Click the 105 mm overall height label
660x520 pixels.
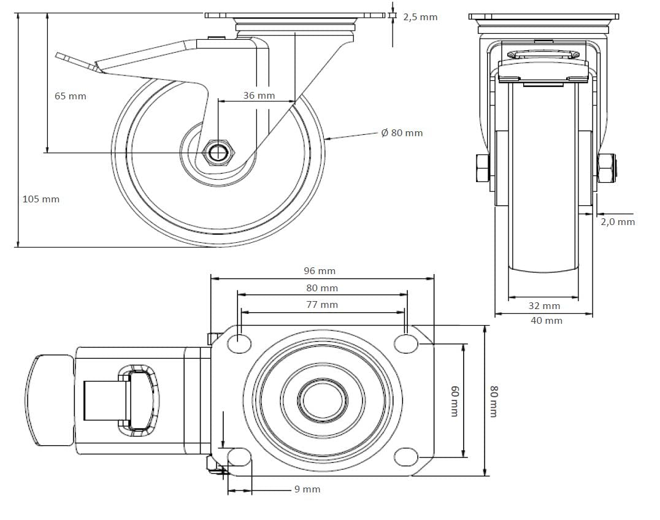41,199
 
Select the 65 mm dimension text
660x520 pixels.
71,96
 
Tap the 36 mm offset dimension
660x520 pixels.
259,96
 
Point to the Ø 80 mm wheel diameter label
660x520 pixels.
402,133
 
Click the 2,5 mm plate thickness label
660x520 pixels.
420,17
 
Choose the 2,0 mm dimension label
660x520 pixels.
618,222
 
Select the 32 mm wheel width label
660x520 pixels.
544,306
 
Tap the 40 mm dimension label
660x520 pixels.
547,321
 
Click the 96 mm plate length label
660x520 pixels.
320,271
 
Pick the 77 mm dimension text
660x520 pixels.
322,305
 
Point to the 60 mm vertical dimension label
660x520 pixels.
455,401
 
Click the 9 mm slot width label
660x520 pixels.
307,489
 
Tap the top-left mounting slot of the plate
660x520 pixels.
239,343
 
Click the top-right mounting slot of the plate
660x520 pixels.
406,343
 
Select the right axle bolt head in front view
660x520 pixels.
607,168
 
